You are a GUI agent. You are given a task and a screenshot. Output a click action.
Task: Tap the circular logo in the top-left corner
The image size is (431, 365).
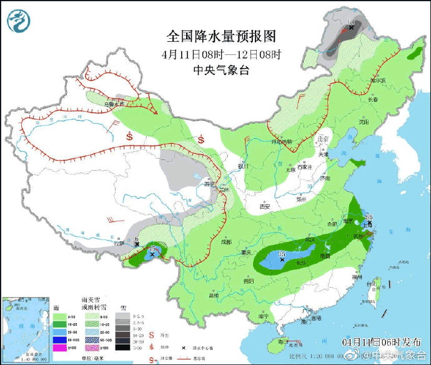click(19, 21)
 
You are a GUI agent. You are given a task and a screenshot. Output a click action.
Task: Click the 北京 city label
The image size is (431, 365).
click(322, 139)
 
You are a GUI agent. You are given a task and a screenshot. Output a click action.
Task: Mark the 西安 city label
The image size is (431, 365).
click(264, 206)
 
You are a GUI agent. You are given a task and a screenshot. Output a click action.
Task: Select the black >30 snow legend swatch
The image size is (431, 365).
click(124, 346)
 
